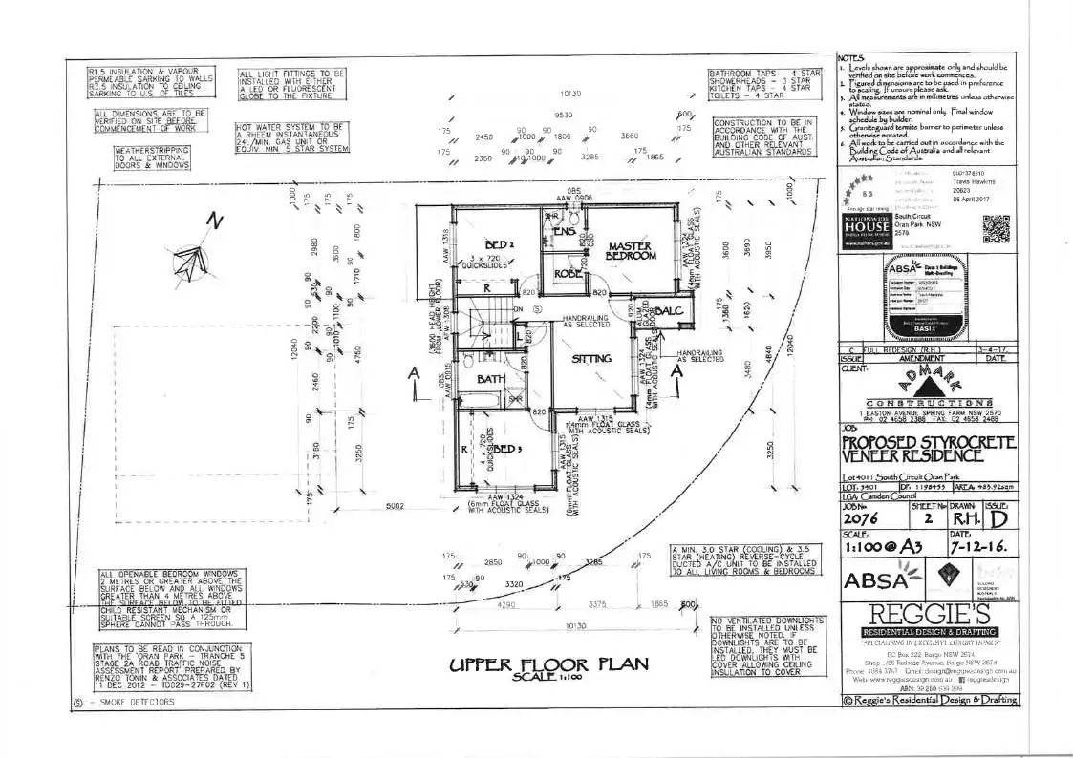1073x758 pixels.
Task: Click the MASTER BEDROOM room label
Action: click(631, 251)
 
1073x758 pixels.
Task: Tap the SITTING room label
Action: click(592, 359)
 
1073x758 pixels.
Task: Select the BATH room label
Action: click(491, 379)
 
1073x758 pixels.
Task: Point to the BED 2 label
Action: click(500, 244)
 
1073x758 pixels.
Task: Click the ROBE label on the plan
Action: click(569, 274)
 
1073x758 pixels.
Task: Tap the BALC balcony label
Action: click(668, 311)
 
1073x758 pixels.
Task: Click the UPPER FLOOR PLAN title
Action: click(548, 665)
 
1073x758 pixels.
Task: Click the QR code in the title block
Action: click(996, 230)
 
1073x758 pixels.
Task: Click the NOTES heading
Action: click(850, 58)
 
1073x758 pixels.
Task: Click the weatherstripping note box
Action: click(153, 158)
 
